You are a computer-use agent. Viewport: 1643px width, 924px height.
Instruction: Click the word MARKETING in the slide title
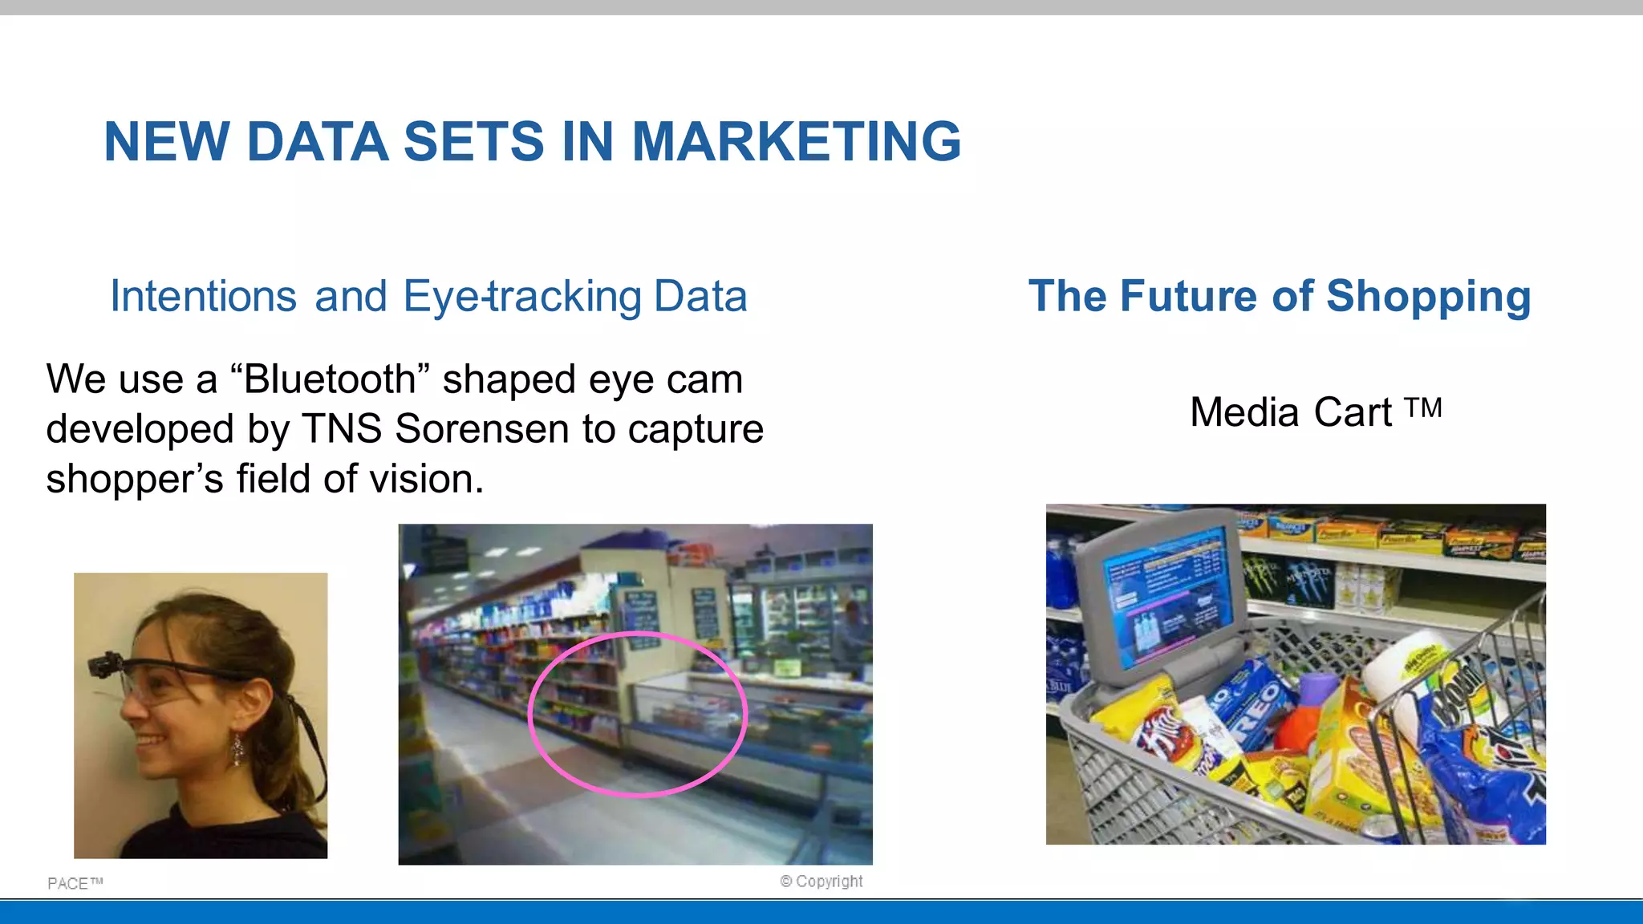tap(796, 142)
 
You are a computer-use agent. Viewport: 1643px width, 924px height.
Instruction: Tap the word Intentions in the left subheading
tap(203, 296)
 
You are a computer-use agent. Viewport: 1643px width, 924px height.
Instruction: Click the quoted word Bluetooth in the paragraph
tap(329, 379)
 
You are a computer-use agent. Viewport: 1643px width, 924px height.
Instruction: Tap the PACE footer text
tap(75, 883)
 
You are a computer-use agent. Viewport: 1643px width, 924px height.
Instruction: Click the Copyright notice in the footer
tap(821, 881)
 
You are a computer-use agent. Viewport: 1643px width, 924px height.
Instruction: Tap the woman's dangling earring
tap(237, 749)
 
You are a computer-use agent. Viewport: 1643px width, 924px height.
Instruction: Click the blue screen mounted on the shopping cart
tap(1163, 598)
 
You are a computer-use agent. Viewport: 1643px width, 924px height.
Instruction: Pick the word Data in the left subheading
tap(700, 296)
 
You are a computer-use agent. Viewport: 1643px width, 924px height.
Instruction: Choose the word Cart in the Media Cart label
tap(1352, 412)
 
